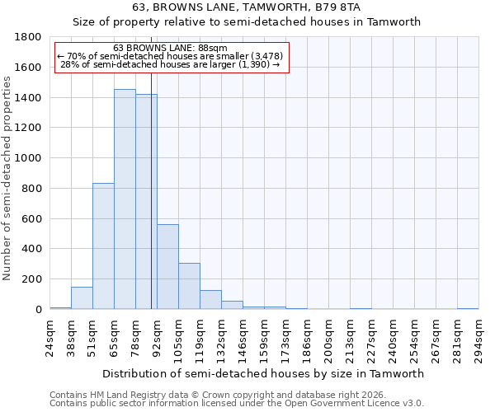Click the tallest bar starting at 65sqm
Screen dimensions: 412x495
[x=125, y=199]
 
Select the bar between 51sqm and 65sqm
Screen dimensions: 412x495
[x=103, y=246]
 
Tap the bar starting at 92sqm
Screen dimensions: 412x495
[x=167, y=267]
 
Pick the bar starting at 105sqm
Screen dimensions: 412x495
[x=189, y=286]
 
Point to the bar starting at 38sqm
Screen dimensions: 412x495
[x=82, y=298]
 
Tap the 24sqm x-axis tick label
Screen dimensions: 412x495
[x=50, y=338]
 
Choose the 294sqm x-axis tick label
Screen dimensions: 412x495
[x=479, y=338]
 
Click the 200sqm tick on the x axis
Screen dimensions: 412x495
[x=329, y=338]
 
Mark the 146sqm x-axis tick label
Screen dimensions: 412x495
[x=243, y=338]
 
